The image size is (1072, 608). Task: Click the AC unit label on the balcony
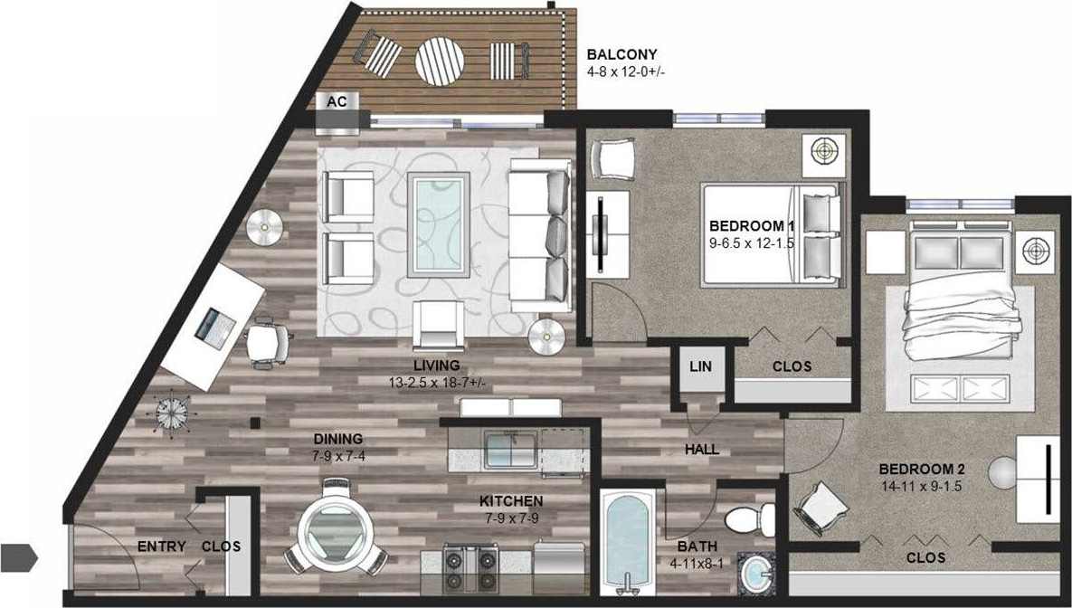337,102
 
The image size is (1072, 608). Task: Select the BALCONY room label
621,54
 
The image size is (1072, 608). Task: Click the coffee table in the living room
439,225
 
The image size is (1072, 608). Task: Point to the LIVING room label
437,366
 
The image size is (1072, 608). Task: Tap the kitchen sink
509,451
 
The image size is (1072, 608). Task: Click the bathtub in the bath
626,539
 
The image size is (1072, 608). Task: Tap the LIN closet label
700,366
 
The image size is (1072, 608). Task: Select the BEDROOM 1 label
751,225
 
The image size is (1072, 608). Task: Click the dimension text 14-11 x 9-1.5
922,487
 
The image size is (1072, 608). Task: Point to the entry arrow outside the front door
18,557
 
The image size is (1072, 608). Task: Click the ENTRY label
161,546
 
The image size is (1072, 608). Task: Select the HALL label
702,449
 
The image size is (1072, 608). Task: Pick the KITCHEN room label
511,500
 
